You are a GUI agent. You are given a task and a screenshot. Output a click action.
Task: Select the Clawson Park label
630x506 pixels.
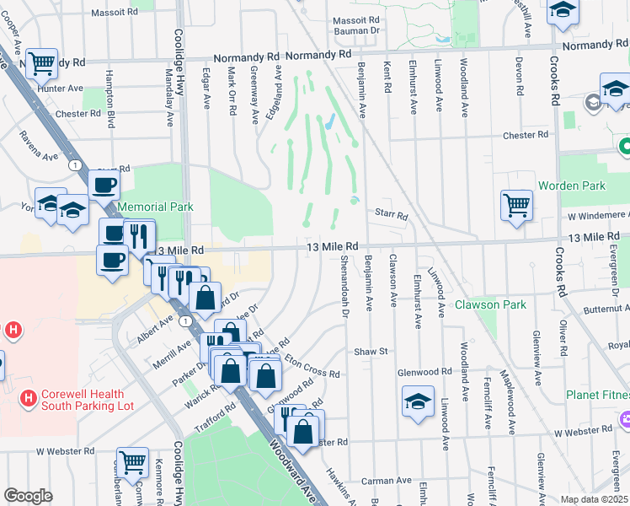[490, 304]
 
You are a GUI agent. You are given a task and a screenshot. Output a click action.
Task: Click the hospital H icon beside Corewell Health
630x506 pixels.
[29, 397]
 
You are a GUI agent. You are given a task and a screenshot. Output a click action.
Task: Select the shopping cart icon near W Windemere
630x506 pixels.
[515, 204]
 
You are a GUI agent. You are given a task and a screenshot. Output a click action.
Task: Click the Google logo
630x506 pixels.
[28, 496]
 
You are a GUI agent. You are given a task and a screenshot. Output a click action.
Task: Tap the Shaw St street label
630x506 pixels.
[370, 351]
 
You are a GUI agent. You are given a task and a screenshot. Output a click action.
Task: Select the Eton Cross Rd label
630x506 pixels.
[312, 368]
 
